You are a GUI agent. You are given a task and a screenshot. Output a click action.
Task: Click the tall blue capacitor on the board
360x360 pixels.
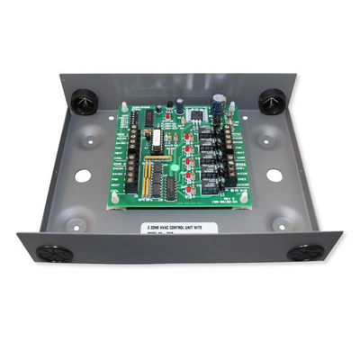point(220,105)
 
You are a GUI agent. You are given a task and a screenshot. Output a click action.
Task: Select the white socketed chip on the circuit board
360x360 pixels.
point(155,141)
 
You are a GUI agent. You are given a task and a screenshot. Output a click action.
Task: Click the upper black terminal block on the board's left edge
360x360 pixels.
point(130,137)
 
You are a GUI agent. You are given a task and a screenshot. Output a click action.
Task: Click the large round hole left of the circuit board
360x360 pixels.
point(82,175)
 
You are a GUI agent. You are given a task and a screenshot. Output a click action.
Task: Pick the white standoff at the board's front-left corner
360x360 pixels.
point(114,199)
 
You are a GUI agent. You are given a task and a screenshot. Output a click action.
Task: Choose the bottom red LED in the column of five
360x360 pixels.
point(188,181)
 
